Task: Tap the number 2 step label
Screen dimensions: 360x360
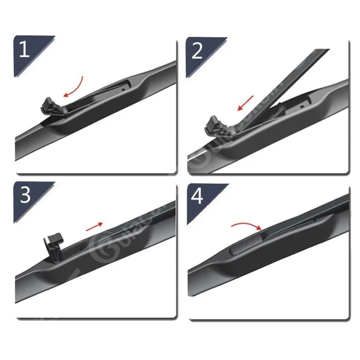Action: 196,50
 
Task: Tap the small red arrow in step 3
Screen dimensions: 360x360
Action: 94,226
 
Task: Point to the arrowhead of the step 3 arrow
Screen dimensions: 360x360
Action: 101,224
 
